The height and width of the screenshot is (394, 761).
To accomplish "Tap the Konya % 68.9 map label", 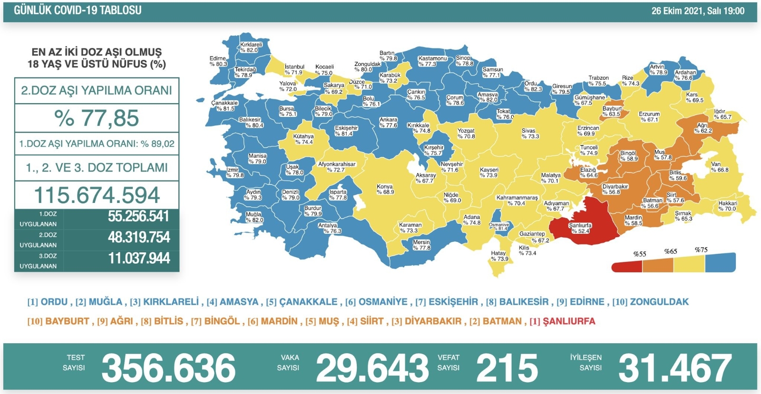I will pos(385,189).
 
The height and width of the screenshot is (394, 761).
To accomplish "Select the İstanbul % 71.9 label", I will pos(294,69).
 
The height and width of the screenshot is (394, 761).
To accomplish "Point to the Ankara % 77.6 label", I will pos(388,123).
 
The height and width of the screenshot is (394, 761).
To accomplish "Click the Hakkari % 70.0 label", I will pos(728,206).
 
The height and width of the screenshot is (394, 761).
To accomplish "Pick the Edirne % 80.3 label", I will pos(218,61).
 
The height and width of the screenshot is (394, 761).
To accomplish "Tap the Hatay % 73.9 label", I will pos(499,256).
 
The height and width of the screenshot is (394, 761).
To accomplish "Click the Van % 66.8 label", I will pos(720,167).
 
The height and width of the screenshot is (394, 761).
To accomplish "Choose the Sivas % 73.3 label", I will pos(530,134).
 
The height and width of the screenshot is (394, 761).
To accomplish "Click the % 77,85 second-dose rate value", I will pos(97,118).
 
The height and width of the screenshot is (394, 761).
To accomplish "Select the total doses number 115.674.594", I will pos(97,195).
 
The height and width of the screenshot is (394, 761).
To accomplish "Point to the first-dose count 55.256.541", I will pos(138,216).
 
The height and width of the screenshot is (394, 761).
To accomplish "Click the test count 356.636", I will pos(168,368).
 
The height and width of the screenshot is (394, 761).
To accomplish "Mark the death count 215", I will pos(507,368).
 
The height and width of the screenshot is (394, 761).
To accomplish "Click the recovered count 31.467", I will pos(674,368).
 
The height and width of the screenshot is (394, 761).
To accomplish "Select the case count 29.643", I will pos(372,368).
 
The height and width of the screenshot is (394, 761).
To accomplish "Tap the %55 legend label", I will pos(640,254).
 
